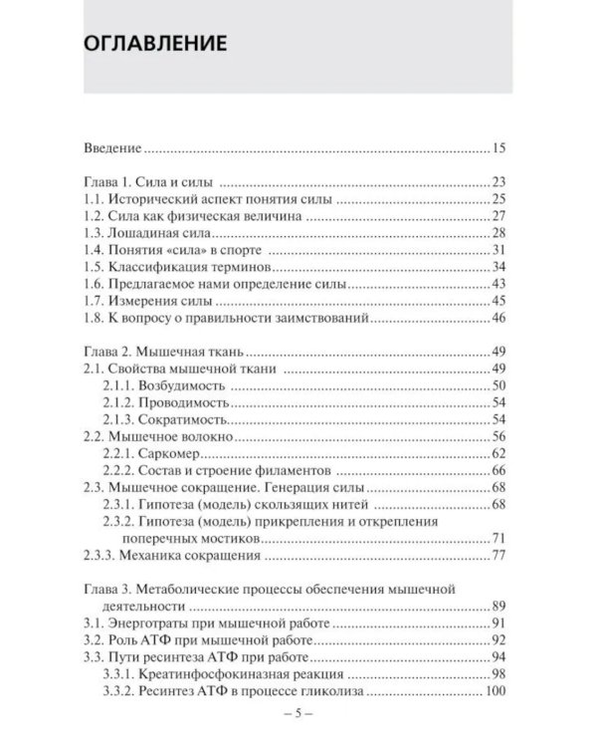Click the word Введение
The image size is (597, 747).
(x=112, y=148)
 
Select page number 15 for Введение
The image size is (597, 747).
(x=499, y=148)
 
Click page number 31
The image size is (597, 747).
(x=499, y=249)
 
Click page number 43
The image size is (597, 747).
(x=499, y=284)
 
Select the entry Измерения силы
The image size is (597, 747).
(x=163, y=301)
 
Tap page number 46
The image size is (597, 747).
(x=499, y=318)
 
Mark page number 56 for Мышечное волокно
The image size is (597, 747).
(x=499, y=436)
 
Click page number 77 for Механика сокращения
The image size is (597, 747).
(x=499, y=556)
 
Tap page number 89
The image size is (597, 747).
(x=499, y=607)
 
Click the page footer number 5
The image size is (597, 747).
(x=298, y=715)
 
